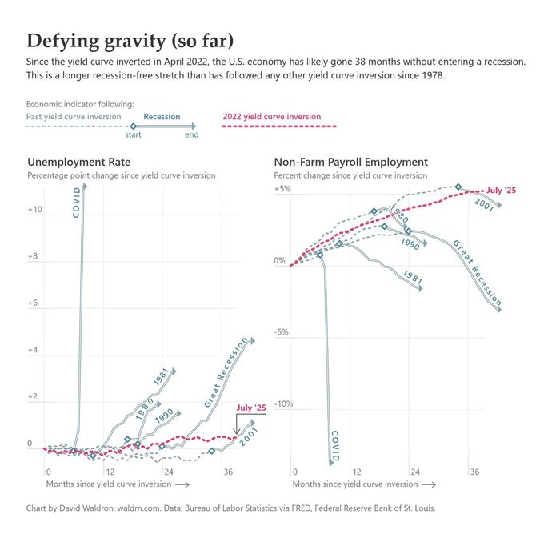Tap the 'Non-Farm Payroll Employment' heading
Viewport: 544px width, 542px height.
coord(350,162)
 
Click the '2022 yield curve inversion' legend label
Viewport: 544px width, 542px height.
coord(270,117)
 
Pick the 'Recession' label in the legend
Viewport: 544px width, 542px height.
coord(162,117)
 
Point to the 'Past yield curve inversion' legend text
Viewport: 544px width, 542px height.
coord(74,117)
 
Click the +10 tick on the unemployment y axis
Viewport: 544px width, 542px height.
coord(34,210)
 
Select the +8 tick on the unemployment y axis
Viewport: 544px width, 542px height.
coord(36,256)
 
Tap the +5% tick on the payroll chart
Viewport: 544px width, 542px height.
coord(282,189)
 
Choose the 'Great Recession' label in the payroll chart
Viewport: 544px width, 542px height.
coord(477,273)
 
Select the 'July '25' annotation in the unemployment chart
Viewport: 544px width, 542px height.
coord(250,409)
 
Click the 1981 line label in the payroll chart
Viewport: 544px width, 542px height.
coord(413,278)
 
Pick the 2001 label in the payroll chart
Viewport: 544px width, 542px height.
coord(483,203)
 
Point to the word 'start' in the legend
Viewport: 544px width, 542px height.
coord(134,134)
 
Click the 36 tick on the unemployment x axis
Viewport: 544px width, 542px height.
coord(227,472)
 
